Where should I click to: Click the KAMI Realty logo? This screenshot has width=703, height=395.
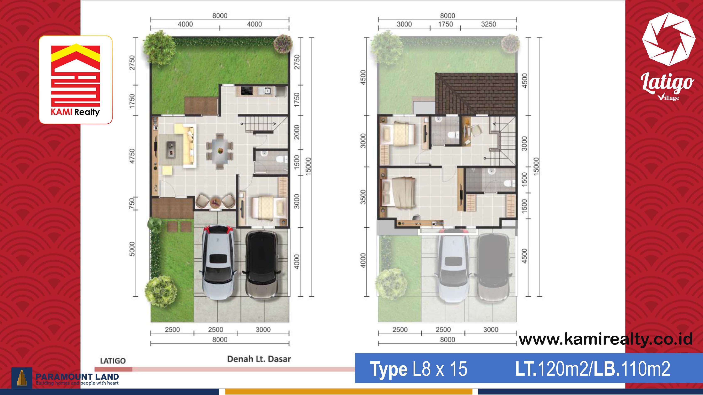(x=76, y=80)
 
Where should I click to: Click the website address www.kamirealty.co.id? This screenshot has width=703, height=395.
(x=606, y=339)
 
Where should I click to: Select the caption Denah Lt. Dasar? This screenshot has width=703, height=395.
(x=259, y=359)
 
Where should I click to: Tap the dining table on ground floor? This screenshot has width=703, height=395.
(x=220, y=151)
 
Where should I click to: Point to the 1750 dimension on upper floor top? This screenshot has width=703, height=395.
(x=445, y=24)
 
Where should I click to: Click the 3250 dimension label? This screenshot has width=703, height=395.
(x=488, y=24)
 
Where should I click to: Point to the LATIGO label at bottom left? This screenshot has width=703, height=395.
(x=113, y=361)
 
